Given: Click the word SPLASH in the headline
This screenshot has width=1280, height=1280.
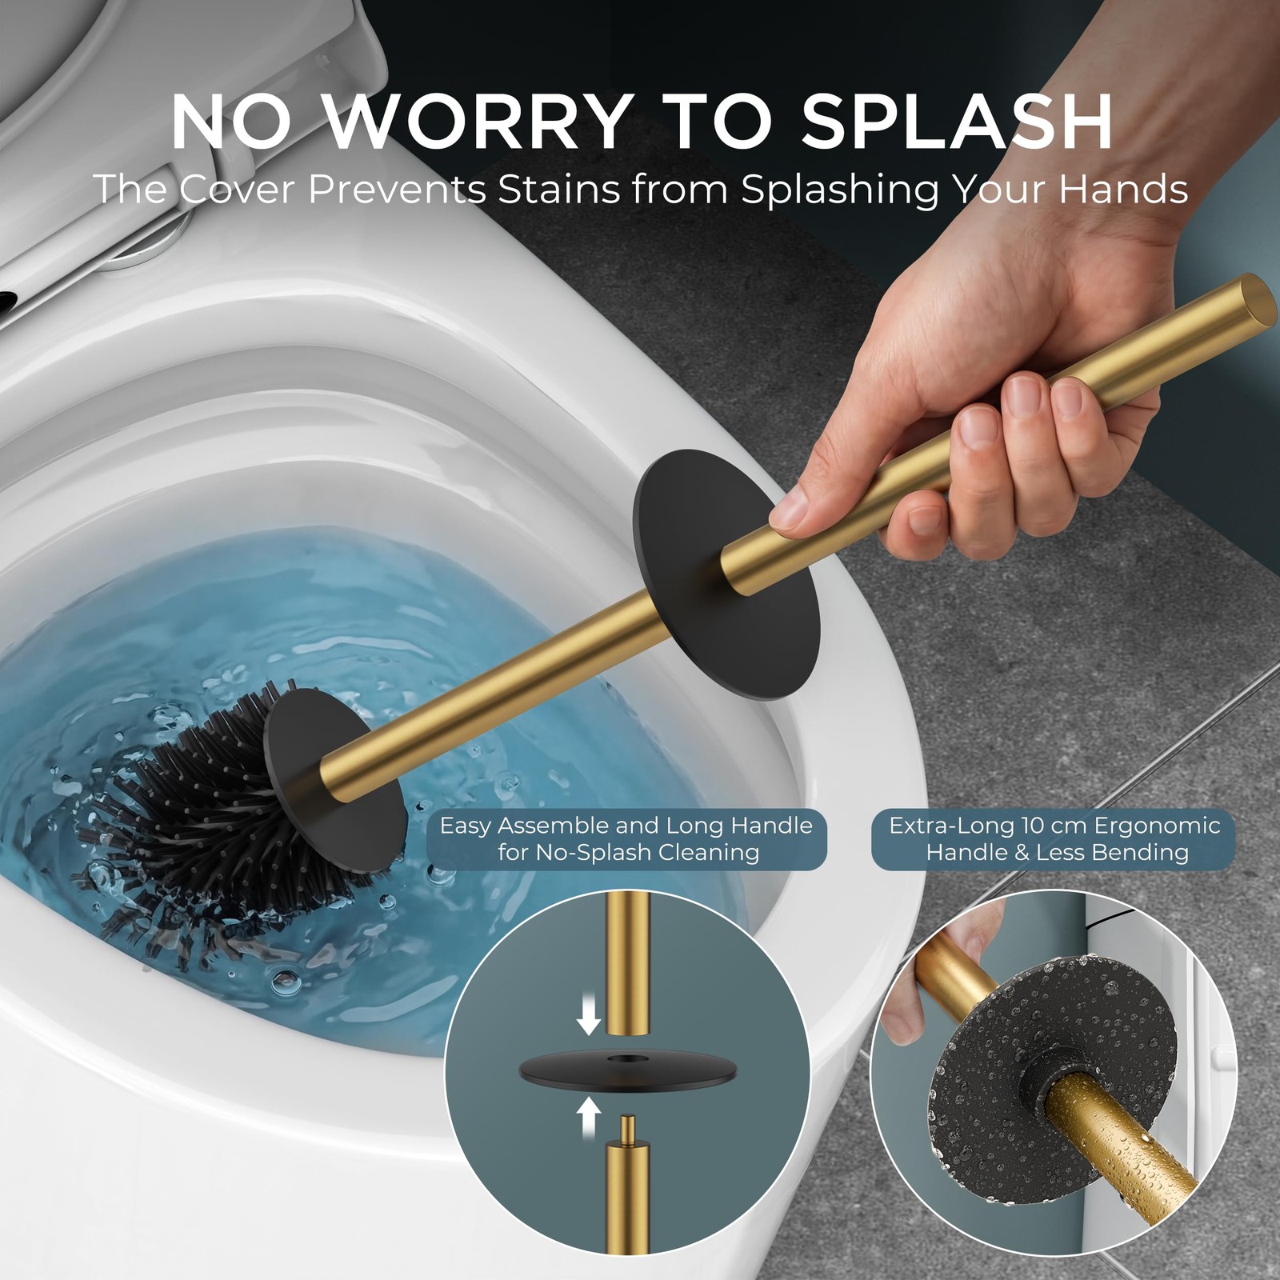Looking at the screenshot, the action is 956,122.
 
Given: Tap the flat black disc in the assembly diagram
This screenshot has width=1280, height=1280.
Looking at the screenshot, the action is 626,1068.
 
